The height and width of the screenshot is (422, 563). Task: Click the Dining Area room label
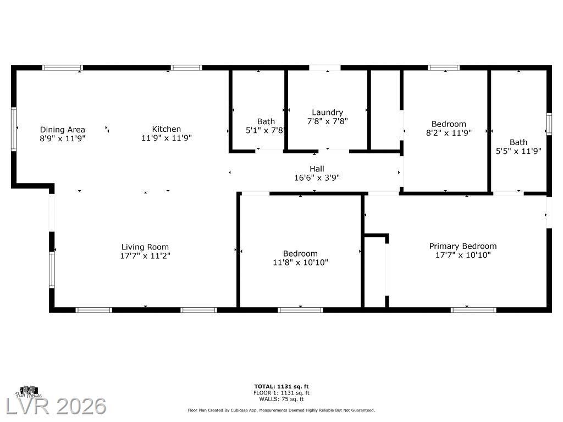click(x=63, y=130)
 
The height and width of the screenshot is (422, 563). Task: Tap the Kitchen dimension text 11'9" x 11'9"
click(x=167, y=138)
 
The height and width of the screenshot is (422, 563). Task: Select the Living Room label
click(x=145, y=247)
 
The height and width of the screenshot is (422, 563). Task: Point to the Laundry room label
click(x=328, y=112)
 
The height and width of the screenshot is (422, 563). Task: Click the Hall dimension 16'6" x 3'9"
click(x=317, y=177)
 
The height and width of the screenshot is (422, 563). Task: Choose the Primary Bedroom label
click(x=463, y=246)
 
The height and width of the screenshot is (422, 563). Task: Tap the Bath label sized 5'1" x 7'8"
click(x=266, y=121)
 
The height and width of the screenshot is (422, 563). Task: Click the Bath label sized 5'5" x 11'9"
click(x=518, y=142)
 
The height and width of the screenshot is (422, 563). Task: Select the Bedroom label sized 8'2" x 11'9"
click(x=449, y=124)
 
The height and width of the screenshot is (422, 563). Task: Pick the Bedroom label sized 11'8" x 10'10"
click(x=300, y=253)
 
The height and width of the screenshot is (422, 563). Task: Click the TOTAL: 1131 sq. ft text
click(x=281, y=386)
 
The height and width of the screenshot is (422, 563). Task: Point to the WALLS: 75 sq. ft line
click(x=281, y=399)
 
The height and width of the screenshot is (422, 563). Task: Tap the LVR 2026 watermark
click(x=56, y=406)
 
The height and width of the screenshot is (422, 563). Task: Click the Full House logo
click(x=29, y=392)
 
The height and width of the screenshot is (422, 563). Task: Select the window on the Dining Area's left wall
click(x=14, y=129)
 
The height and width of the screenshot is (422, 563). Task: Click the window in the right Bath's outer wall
click(x=549, y=124)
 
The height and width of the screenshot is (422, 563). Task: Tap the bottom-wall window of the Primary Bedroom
click(x=474, y=310)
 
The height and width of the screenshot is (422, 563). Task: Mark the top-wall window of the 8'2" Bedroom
click(x=444, y=68)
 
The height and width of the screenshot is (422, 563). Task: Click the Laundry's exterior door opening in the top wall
click(x=325, y=68)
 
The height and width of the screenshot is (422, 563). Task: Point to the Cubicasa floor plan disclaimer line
click(x=281, y=410)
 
